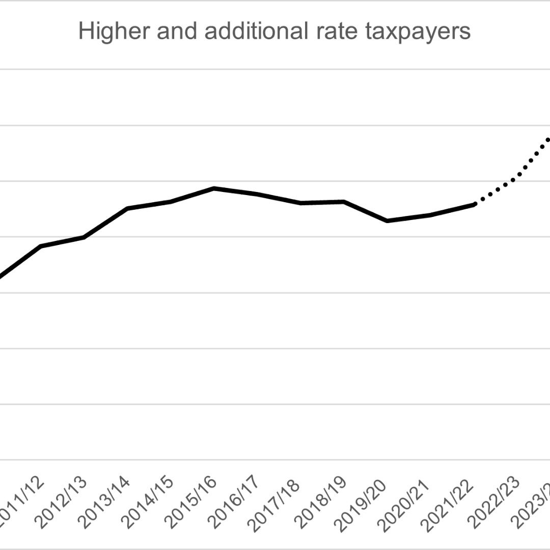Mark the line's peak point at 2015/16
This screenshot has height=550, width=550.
click(x=214, y=188)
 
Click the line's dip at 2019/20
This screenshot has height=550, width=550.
click(x=387, y=221)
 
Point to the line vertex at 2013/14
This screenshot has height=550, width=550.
click(x=127, y=208)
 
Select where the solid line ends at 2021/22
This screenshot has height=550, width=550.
click(x=474, y=204)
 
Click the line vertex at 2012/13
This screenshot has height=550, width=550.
click(x=84, y=237)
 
